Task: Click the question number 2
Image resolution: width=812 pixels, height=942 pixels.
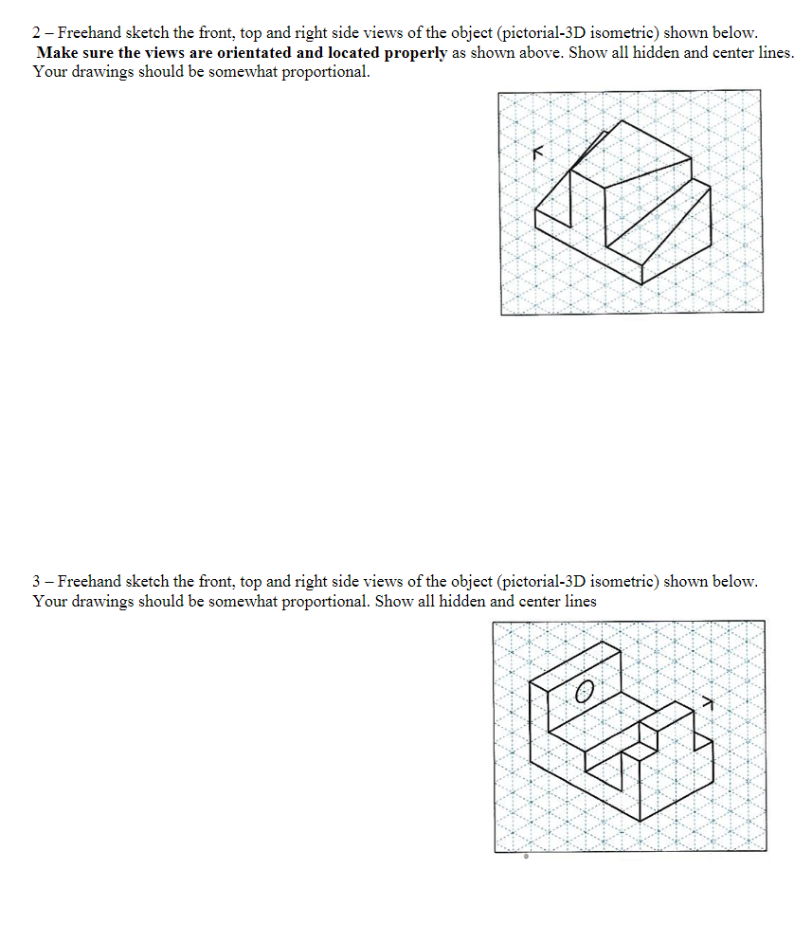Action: pyautogui.click(x=37, y=33)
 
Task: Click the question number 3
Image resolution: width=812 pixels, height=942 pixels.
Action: pyautogui.click(x=37, y=581)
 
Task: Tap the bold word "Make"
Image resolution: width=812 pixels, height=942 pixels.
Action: pyautogui.click(x=56, y=53)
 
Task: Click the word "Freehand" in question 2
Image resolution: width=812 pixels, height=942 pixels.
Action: pyautogui.click(x=88, y=33)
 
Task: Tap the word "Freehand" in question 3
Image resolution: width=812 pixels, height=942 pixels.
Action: pyautogui.click(x=88, y=581)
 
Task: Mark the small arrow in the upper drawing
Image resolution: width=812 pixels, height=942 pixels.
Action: pyautogui.click(x=539, y=151)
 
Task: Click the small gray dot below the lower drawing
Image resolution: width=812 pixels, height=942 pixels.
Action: pyautogui.click(x=526, y=857)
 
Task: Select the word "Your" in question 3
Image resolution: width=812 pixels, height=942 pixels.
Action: pyautogui.click(x=49, y=601)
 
